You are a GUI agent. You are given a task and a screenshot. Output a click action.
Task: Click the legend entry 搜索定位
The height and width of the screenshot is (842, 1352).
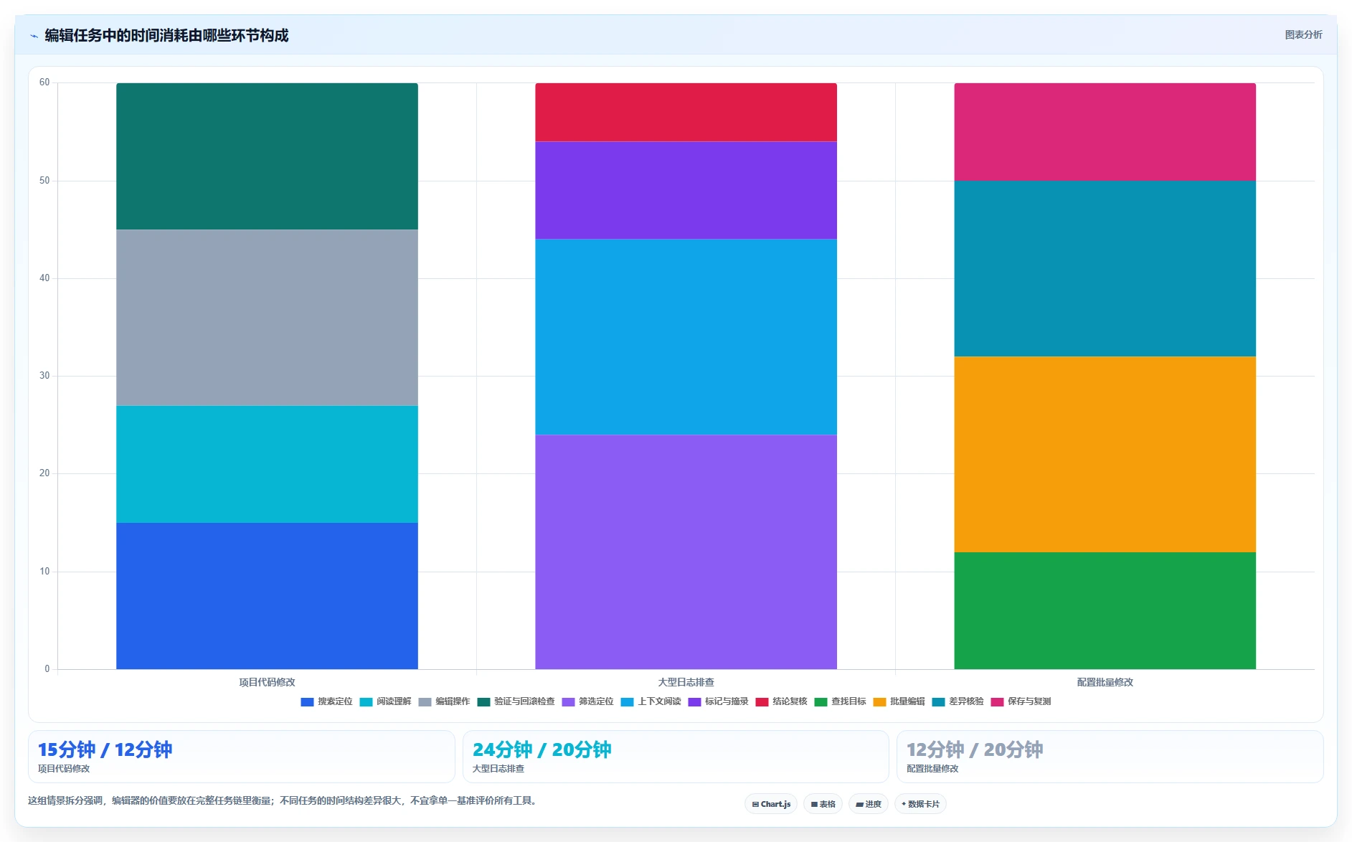[x=326, y=701]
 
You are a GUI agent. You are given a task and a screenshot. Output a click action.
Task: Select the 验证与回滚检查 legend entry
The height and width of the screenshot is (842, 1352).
[x=516, y=701]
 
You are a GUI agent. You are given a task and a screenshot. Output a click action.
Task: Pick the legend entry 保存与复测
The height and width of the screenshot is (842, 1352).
[x=1021, y=701]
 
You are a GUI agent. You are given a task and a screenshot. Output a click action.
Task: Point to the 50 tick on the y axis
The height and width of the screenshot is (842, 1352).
[x=44, y=181]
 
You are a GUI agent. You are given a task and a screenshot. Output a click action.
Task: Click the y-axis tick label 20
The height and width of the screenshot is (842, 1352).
[x=44, y=473]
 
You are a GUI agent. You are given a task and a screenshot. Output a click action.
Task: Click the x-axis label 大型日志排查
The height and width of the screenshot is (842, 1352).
[x=686, y=682]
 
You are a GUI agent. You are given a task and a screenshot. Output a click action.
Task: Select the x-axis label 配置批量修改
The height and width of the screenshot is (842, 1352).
[x=1105, y=682]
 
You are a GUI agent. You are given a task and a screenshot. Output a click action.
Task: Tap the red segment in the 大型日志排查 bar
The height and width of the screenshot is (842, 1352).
[x=686, y=112]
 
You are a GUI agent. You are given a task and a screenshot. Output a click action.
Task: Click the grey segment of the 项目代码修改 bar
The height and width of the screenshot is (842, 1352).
[x=267, y=318]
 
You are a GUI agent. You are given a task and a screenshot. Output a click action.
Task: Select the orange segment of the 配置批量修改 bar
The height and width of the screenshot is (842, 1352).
[x=1105, y=454]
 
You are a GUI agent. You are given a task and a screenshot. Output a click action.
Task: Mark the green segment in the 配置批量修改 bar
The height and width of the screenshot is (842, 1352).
[x=1105, y=610]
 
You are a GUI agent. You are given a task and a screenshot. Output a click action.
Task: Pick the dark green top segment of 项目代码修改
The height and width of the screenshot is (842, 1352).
[x=267, y=156]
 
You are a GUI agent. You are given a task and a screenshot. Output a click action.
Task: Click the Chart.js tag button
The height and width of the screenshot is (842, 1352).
[x=771, y=804]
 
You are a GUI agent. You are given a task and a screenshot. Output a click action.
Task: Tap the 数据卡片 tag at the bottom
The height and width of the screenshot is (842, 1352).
[x=920, y=804]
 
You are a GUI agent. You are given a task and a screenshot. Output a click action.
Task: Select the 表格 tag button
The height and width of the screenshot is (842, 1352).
[x=823, y=804]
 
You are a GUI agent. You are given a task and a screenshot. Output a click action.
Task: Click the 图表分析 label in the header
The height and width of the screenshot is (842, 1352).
[x=1303, y=34]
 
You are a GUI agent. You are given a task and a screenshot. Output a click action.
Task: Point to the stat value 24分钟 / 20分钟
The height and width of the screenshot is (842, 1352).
[x=542, y=749]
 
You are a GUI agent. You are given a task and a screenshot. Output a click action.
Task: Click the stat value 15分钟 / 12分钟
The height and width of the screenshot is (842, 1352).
[x=105, y=749]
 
